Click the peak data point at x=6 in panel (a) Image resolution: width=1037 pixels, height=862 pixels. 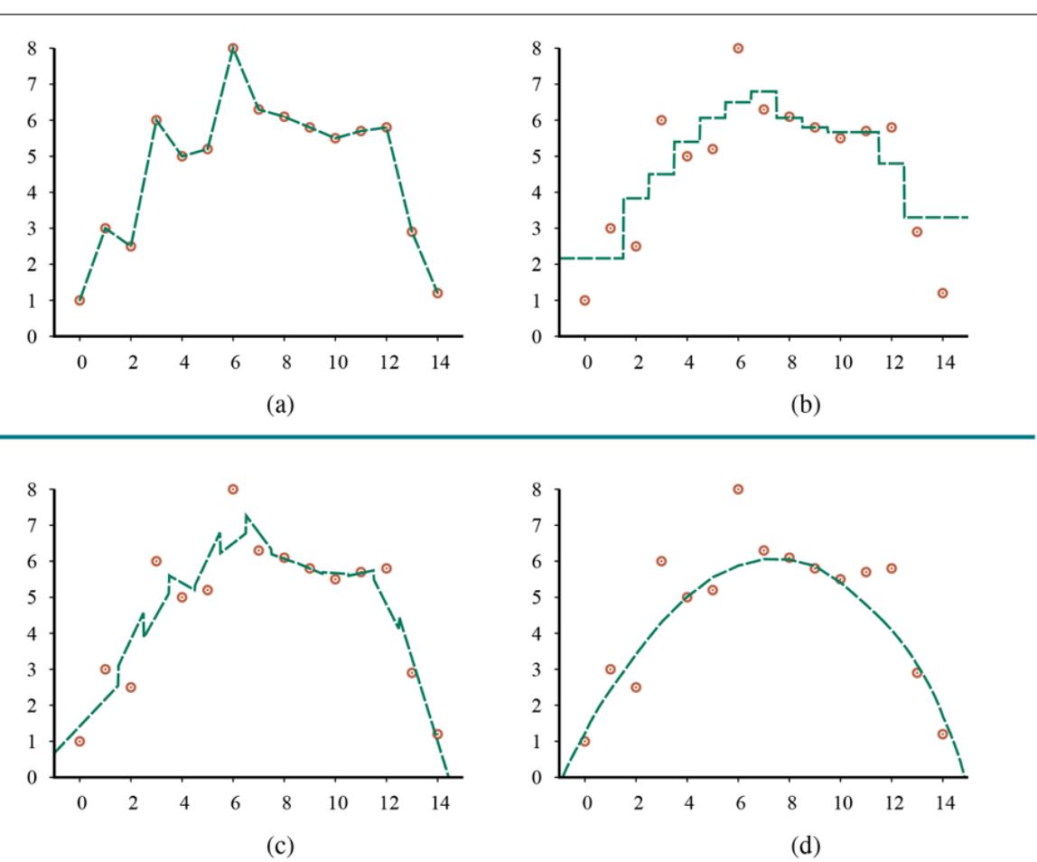(233, 48)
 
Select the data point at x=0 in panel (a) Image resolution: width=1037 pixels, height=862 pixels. (79, 300)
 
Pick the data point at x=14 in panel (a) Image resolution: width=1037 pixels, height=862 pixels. (437, 293)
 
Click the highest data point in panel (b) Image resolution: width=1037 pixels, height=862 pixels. (738, 48)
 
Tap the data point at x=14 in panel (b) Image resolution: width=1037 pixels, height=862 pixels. (942, 293)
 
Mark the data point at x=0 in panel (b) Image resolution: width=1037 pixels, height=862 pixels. (584, 300)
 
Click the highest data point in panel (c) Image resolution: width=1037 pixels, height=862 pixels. (233, 489)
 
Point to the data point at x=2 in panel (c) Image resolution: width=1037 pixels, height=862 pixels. (131, 687)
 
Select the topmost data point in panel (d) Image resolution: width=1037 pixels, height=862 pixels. (738, 489)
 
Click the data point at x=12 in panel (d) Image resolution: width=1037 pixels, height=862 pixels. (892, 568)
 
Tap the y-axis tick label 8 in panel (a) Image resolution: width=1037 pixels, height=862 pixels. (33, 48)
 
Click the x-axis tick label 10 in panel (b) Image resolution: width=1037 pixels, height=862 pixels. (840, 360)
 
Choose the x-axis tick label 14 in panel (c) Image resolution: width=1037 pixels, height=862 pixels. (437, 801)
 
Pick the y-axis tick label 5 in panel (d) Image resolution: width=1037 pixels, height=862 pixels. (537, 597)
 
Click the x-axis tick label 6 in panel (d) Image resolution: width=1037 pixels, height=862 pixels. (738, 801)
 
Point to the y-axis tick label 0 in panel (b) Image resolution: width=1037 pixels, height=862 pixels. (537, 337)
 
